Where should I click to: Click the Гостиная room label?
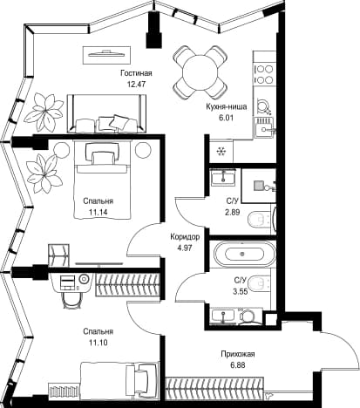pos(136,73)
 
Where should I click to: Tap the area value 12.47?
pos(136,85)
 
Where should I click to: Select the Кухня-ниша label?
pos(227,107)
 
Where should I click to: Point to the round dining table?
pos(200,72)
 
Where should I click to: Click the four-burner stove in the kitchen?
pos(264,74)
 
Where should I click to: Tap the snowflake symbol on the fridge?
pos(221,151)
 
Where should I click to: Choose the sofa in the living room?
pos(107,113)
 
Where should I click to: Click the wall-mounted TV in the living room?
pos(106,55)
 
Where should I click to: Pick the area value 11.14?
pos(98,212)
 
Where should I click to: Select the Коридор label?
pos(185,237)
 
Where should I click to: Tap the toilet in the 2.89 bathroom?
pos(260,220)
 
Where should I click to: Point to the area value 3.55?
pos(240,291)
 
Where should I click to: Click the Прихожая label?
pos(238,354)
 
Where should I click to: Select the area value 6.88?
pos(237,365)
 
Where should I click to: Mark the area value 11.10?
pos(98,343)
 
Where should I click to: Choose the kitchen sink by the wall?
pos(264,128)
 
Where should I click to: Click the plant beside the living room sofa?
pos(44,111)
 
